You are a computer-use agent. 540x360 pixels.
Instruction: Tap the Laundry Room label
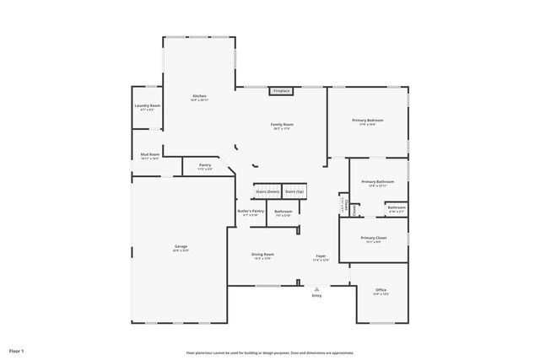coord(147,107)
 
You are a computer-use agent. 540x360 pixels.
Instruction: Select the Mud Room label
coord(149,156)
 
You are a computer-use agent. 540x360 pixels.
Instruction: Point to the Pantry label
coord(205,166)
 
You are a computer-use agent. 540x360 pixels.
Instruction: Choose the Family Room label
coord(282,126)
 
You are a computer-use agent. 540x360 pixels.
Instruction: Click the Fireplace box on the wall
coord(281,90)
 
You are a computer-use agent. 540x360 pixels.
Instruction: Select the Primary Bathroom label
coord(377,183)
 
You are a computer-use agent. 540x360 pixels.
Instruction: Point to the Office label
coord(381,292)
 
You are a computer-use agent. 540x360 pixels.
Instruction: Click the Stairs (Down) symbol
coord(267,191)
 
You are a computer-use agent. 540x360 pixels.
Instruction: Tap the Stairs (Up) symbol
coord(294,191)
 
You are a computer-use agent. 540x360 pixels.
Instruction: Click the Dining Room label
coord(262,255)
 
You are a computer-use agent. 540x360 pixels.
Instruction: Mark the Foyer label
coord(321,255)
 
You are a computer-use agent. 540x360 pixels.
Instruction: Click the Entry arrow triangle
coord(317,289)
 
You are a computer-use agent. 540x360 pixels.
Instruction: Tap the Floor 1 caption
coord(17,350)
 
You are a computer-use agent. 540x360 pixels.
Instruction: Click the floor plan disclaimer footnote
coord(270,352)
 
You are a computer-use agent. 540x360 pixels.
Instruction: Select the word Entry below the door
coord(316,296)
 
